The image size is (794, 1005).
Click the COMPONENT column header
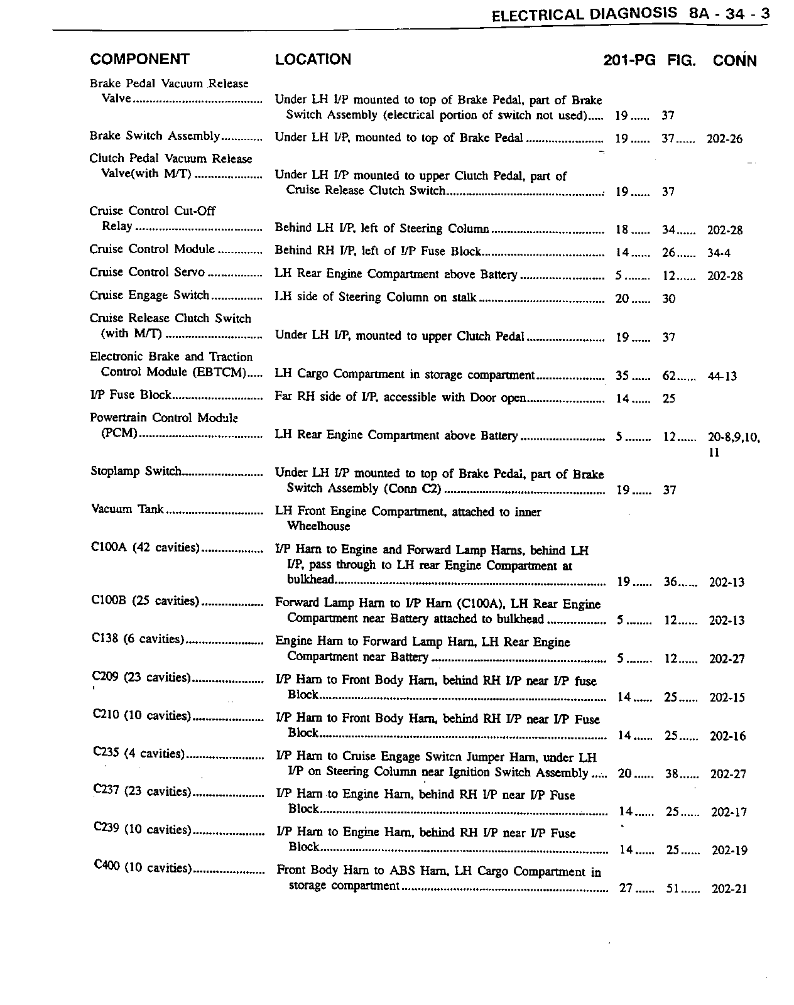[x=139, y=60]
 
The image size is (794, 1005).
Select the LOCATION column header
[x=313, y=60]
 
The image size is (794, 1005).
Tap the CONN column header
[x=734, y=61]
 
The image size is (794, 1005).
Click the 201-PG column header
[x=629, y=60]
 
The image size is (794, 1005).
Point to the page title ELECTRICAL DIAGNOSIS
[x=584, y=14]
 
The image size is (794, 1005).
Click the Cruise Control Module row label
[x=152, y=249]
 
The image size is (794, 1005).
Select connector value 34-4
[x=719, y=253]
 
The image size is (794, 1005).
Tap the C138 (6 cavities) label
[x=138, y=639]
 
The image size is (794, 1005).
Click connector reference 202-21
[x=729, y=889]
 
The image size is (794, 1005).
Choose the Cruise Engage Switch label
[x=149, y=295]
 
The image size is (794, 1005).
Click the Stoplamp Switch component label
[x=136, y=471]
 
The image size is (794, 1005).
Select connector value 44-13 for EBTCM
[x=722, y=376]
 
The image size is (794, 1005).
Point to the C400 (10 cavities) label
[x=143, y=867]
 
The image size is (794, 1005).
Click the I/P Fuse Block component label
[x=131, y=395]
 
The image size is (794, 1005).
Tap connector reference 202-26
[x=724, y=139]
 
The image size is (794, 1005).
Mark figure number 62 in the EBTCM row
[x=670, y=376]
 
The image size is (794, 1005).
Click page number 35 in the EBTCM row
[x=622, y=376]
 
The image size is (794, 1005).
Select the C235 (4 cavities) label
[x=139, y=754]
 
